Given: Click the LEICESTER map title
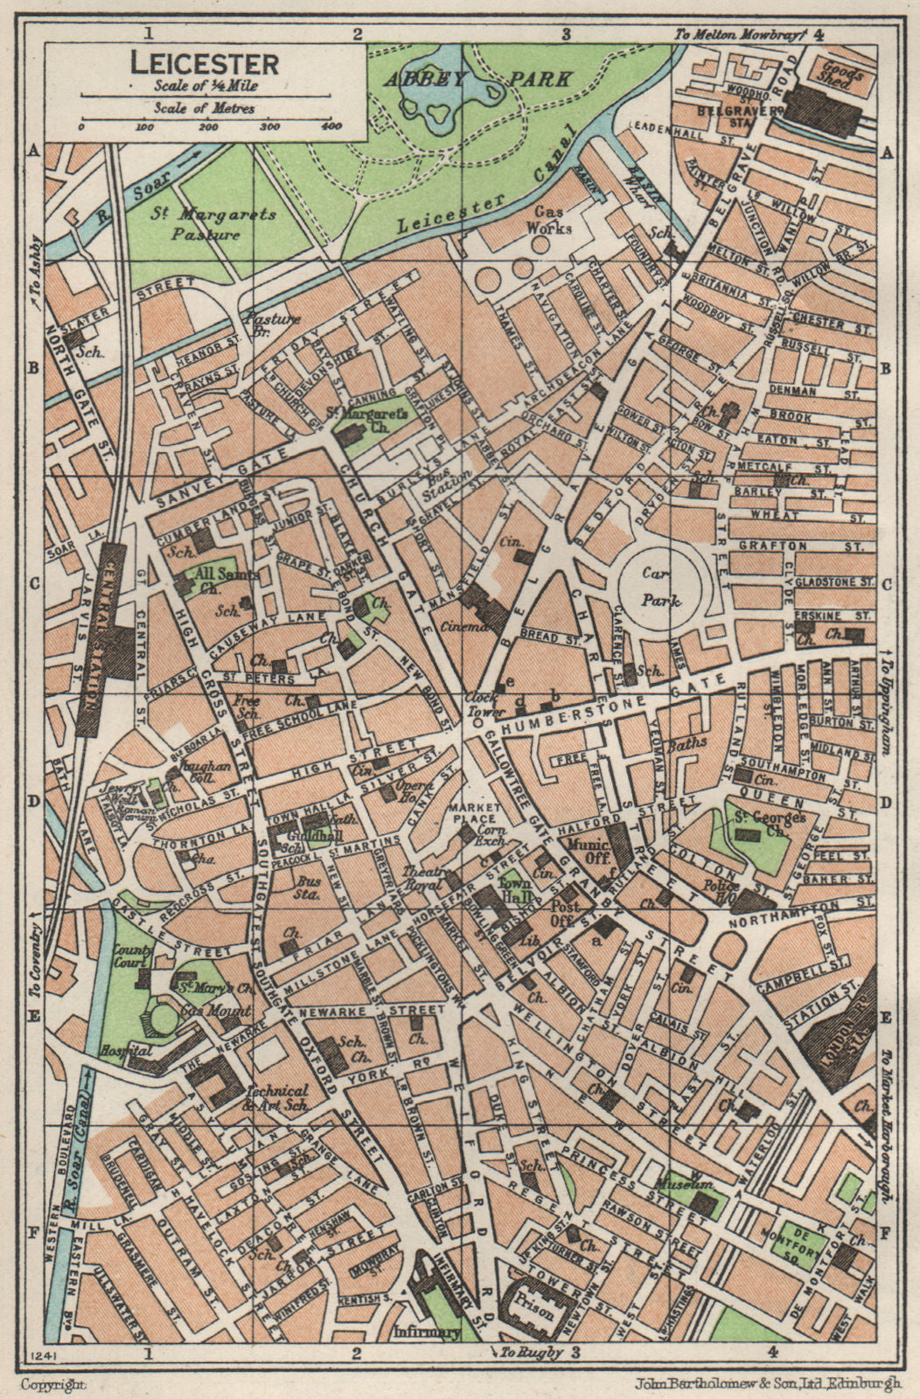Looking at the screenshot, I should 205,64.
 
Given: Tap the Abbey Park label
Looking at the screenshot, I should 477,78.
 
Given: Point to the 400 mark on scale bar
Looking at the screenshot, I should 331,128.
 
